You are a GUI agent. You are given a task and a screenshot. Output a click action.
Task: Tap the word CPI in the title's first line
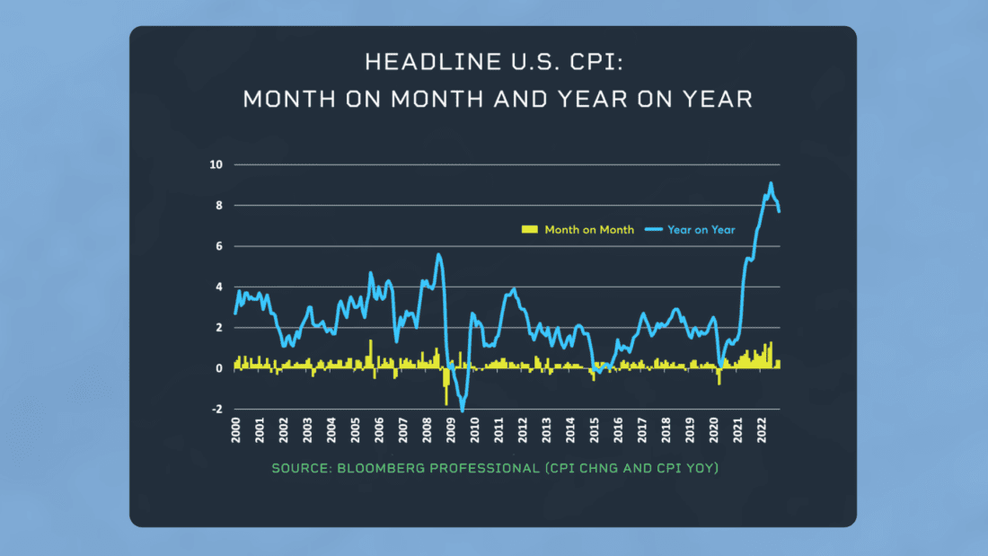[597, 62]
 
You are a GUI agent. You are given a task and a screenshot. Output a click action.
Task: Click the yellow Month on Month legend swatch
[530, 230]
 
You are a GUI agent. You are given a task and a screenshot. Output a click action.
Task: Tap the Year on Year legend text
[701, 230]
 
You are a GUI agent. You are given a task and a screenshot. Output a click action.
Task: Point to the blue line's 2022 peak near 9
[771, 183]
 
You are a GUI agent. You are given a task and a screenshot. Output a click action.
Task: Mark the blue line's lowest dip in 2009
[463, 410]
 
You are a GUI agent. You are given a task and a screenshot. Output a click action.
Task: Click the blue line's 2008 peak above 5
[438, 254]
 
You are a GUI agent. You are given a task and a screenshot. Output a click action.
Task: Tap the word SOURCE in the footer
[300, 468]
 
